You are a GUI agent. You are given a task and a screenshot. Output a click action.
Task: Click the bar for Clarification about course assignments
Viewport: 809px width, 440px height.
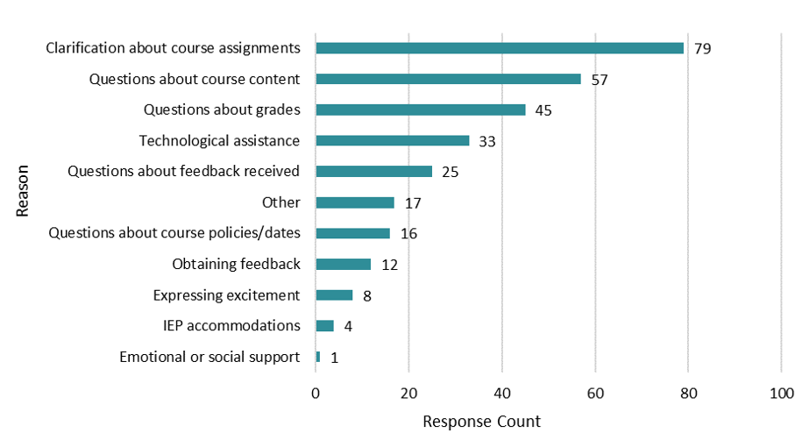pyautogui.click(x=500, y=48)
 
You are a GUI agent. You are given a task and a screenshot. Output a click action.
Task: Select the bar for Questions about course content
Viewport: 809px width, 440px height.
pyautogui.click(x=448, y=79)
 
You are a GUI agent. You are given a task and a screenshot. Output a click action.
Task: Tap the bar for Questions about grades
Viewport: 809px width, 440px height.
pyautogui.click(x=421, y=110)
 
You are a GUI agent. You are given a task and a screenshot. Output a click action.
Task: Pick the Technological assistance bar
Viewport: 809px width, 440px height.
pyautogui.click(x=393, y=140)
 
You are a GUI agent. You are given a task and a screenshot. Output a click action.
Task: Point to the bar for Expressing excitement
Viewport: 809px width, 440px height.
pyautogui.click(x=334, y=295)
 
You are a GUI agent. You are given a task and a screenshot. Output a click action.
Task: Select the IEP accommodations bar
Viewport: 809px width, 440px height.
pyautogui.click(x=325, y=326)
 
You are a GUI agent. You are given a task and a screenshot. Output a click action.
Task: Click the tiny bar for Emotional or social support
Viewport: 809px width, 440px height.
pyautogui.click(x=318, y=357)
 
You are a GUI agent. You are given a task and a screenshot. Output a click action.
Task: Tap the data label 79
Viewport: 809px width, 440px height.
pyautogui.click(x=702, y=48)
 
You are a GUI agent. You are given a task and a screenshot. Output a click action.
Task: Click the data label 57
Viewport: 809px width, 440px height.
pyautogui.click(x=600, y=80)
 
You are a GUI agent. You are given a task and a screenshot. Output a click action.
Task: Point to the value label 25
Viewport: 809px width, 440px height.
pyautogui.click(x=451, y=172)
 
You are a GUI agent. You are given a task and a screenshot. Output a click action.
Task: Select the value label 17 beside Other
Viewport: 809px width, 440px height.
pyautogui.click(x=413, y=203)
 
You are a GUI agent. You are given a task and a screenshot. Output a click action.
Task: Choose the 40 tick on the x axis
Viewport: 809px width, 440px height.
pyautogui.click(x=502, y=394)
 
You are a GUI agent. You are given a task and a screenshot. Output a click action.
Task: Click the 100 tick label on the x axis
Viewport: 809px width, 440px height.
pyautogui.click(x=781, y=394)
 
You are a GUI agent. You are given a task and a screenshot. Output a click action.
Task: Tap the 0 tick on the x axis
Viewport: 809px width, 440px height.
pyautogui.click(x=316, y=394)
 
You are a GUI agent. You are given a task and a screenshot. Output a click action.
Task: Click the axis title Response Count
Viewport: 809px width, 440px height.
pyautogui.click(x=482, y=422)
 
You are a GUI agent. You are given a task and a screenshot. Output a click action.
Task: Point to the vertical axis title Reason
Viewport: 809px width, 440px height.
pyautogui.click(x=24, y=189)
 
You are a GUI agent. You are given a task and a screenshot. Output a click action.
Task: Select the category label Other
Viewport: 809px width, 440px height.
pyautogui.click(x=281, y=202)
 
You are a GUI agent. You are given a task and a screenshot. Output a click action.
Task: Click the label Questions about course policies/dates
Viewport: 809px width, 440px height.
pyautogui.click(x=174, y=233)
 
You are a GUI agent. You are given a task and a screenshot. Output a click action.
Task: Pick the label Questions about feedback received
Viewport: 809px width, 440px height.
pyautogui.click(x=184, y=171)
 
